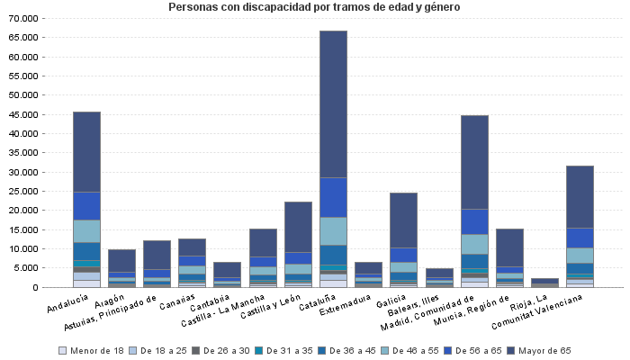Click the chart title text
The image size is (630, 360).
(x=314, y=7)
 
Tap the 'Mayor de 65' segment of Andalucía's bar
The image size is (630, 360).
(x=86, y=151)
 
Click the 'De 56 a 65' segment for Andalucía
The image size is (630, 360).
(x=86, y=205)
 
